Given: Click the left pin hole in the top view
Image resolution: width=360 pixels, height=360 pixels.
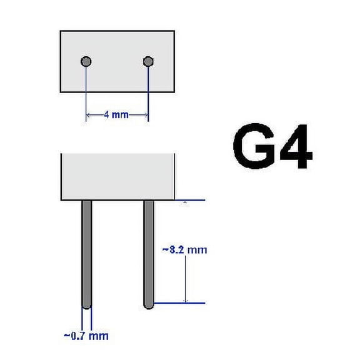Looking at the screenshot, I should click(x=87, y=61).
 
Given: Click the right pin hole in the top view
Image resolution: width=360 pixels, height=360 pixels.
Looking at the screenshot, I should click(x=148, y=61).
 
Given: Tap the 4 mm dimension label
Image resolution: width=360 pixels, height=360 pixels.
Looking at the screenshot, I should click(x=117, y=115).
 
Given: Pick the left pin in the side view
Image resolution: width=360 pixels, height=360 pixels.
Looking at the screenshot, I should click(x=87, y=253).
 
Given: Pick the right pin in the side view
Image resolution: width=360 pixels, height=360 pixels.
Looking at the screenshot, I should click(x=149, y=253).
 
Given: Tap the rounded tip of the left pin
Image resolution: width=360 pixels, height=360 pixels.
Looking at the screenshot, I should click(x=87, y=306).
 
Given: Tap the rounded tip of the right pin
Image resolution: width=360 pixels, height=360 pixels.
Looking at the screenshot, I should click(x=149, y=306).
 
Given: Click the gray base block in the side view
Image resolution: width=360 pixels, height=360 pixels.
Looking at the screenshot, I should click(x=117, y=176).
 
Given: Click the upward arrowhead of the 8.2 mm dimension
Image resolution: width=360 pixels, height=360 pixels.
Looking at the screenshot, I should click(x=185, y=202).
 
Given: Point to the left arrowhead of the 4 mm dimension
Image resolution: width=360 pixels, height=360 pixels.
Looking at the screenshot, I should click(x=89, y=115).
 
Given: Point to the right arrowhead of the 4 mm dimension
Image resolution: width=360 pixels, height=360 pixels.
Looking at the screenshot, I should click(x=146, y=115).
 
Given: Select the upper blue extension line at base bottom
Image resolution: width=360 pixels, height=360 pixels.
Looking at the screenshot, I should click(x=187, y=200).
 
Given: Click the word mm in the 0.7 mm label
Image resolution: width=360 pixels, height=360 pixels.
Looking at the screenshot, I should click(x=99, y=336).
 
